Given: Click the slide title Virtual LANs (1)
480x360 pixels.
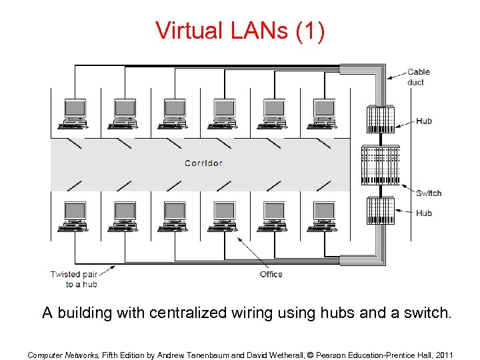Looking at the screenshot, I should pyautogui.click(x=240, y=30).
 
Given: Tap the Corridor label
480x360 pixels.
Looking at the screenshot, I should pyautogui.click(x=203, y=163).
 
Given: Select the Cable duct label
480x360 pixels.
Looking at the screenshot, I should pyautogui.click(x=419, y=77).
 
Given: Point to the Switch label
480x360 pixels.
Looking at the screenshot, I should pyautogui.click(x=429, y=193).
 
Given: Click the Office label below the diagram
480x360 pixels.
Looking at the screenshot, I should pyautogui.click(x=271, y=274).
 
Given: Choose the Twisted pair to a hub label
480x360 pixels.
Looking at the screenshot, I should pyautogui.click(x=74, y=279).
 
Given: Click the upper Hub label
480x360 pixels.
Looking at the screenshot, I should pyautogui.click(x=424, y=121).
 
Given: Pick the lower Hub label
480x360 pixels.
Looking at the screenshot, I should pyautogui.click(x=424, y=213).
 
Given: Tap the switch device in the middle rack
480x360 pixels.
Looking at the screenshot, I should pyautogui.click(x=380, y=165).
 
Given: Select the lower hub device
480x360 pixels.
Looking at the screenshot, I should pyautogui.click(x=380, y=210).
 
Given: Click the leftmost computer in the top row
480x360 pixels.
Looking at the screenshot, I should pyautogui.click(x=75, y=113).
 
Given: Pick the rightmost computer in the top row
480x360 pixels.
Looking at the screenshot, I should pyautogui.click(x=324, y=113).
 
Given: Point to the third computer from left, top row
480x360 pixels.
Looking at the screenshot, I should pyautogui.click(x=175, y=113).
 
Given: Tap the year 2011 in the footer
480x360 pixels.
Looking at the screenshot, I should pyautogui.click(x=443, y=355).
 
